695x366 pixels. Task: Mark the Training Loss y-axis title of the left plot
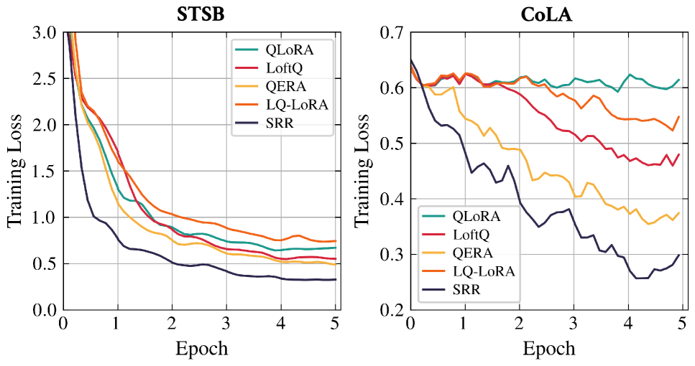[x=15, y=171]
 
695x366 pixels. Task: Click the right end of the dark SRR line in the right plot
[x=678, y=255]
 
